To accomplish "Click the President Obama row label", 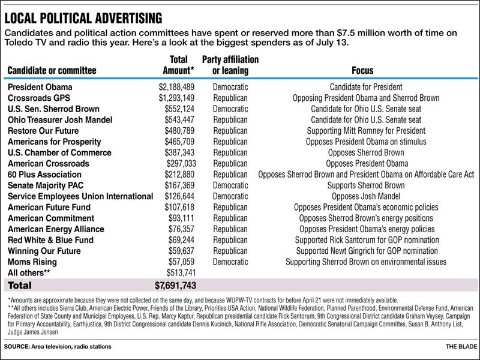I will (38, 87).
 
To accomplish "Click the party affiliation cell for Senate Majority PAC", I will (230, 185).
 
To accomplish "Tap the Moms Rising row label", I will (32, 262).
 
